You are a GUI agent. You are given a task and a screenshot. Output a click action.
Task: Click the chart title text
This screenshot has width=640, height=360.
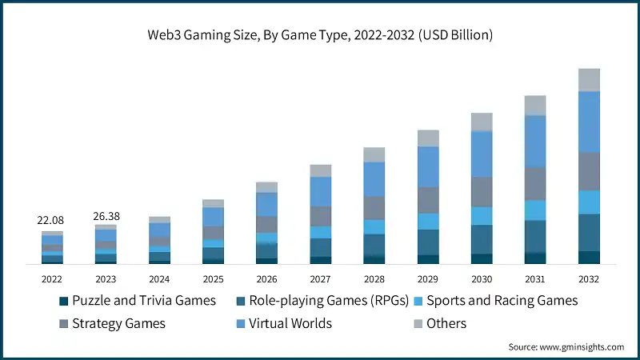[x=320, y=35]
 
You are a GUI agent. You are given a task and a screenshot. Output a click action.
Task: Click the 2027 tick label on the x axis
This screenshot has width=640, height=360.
[x=320, y=279]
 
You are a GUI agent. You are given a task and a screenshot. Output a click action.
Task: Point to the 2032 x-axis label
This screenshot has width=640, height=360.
[x=589, y=279]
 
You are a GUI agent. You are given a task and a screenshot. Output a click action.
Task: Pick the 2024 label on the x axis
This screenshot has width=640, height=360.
[x=159, y=279]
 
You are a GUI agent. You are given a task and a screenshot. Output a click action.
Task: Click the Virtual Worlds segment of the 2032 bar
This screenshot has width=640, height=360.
[x=589, y=122]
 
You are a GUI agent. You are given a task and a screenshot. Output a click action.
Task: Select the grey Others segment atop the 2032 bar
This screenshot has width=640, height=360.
[x=589, y=80]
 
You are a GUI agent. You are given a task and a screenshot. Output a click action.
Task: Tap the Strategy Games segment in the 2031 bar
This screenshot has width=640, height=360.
[x=535, y=183]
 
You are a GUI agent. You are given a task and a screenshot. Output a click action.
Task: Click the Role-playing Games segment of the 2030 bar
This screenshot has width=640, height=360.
[x=482, y=239]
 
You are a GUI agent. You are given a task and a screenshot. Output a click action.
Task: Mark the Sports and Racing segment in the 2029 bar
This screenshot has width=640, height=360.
[x=428, y=221]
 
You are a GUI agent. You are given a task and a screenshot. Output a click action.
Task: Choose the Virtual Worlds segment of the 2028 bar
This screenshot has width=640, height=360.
[x=374, y=179]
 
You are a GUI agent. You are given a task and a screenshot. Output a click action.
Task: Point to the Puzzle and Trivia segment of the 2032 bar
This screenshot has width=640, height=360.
[x=589, y=257]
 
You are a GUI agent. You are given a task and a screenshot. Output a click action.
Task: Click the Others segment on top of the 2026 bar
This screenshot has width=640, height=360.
[x=266, y=187]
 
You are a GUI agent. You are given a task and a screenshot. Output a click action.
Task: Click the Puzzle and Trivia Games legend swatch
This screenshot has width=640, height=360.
[x=64, y=302]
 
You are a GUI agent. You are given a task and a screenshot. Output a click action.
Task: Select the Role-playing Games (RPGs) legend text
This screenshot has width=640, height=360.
[x=329, y=302]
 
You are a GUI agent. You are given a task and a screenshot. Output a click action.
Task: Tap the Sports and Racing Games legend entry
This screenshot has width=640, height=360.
[x=502, y=302]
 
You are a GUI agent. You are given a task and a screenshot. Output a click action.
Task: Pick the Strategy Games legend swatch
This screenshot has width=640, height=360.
[x=64, y=324]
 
